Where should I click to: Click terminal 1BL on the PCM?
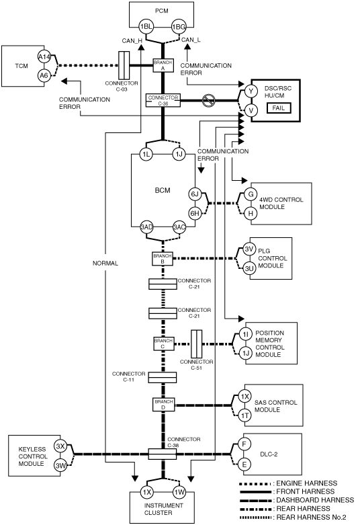146,27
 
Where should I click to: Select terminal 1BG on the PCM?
179,27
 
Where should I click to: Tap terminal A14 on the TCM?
44,57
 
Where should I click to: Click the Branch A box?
163,65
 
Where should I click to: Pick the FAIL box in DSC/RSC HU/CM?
278,108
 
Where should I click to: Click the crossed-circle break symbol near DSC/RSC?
209,100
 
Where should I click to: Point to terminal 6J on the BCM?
195,194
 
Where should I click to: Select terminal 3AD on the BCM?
146,227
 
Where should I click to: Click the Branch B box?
163,259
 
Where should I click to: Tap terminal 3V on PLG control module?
249,249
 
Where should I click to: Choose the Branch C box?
164,344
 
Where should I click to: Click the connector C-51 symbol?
196,344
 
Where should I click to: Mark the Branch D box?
164,405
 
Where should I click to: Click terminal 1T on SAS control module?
244,415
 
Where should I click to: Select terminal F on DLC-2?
244,444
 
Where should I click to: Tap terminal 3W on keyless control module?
60,466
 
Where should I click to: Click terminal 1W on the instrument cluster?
179,492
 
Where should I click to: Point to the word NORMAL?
105,263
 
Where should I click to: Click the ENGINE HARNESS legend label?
306,483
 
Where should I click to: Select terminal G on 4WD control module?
251,194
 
